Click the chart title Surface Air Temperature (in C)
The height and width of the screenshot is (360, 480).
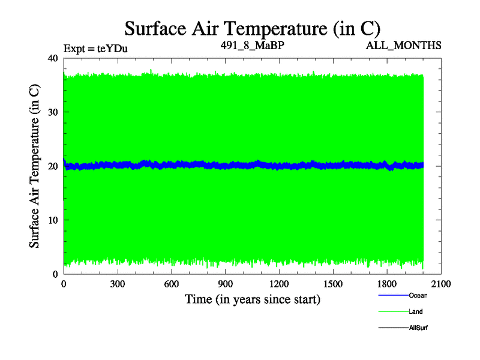pos(252,28)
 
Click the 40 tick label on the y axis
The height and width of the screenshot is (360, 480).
pos(52,58)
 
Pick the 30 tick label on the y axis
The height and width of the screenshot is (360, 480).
pos(52,112)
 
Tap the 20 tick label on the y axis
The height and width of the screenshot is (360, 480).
pos(52,166)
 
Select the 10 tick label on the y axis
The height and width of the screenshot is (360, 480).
pos(52,220)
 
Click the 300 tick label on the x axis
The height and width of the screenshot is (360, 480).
pos(118,284)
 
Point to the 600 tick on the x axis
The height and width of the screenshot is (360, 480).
pos(172,284)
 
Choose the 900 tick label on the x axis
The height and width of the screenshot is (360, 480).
pos(226,284)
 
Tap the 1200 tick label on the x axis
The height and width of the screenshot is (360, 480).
pos(279,284)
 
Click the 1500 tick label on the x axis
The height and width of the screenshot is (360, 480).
pos(333,284)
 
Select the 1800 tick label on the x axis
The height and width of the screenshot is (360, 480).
pos(387,284)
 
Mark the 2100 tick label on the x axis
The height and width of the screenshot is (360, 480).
pos(441,284)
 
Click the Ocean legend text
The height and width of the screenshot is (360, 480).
pos(418,295)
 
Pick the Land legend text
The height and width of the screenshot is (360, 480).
pos(416,311)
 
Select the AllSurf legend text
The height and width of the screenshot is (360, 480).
pos(418,328)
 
